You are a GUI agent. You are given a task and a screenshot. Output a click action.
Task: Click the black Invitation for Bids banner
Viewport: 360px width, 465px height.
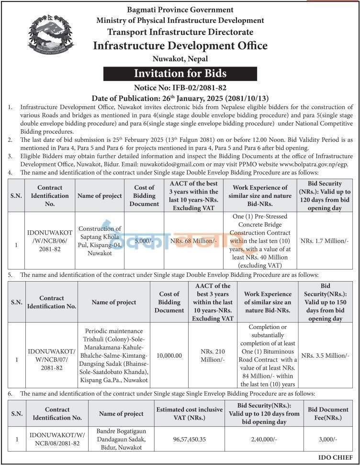pyautogui.click(x=180, y=74)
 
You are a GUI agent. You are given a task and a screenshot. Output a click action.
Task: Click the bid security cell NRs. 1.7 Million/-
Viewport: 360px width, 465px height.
pyautogui.click(x=325, y=241)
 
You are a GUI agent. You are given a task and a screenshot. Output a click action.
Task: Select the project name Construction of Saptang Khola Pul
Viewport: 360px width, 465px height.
pyautogui.click(x=100, y=241)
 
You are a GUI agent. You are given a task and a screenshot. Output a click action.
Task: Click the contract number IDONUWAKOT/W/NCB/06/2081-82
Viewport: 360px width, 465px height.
pyautogui.click(x=50, y=241)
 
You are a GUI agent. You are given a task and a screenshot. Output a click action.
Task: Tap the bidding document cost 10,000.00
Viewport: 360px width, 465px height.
pyautogui.click(x=169, y=356)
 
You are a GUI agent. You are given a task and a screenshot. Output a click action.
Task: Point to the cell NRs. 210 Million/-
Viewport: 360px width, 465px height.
pyautogui.click(x=212, y=356)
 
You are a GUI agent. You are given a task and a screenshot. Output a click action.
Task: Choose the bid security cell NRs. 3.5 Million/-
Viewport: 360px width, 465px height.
pyautogui.click(x=325, y=356)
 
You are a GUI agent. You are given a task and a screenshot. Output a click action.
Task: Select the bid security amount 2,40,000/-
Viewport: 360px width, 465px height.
pyautogui.click(x=264, y=439)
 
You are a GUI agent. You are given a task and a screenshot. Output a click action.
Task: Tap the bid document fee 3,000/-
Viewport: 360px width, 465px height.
pyautogui.click(x=328, y=439)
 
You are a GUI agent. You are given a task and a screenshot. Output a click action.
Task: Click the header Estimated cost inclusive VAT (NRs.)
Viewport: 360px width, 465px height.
pyautogui.click(x=189, y=414)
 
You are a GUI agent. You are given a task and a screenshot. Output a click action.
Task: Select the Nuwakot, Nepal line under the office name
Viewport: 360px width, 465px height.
pyautogui.click(x=180, y=59)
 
